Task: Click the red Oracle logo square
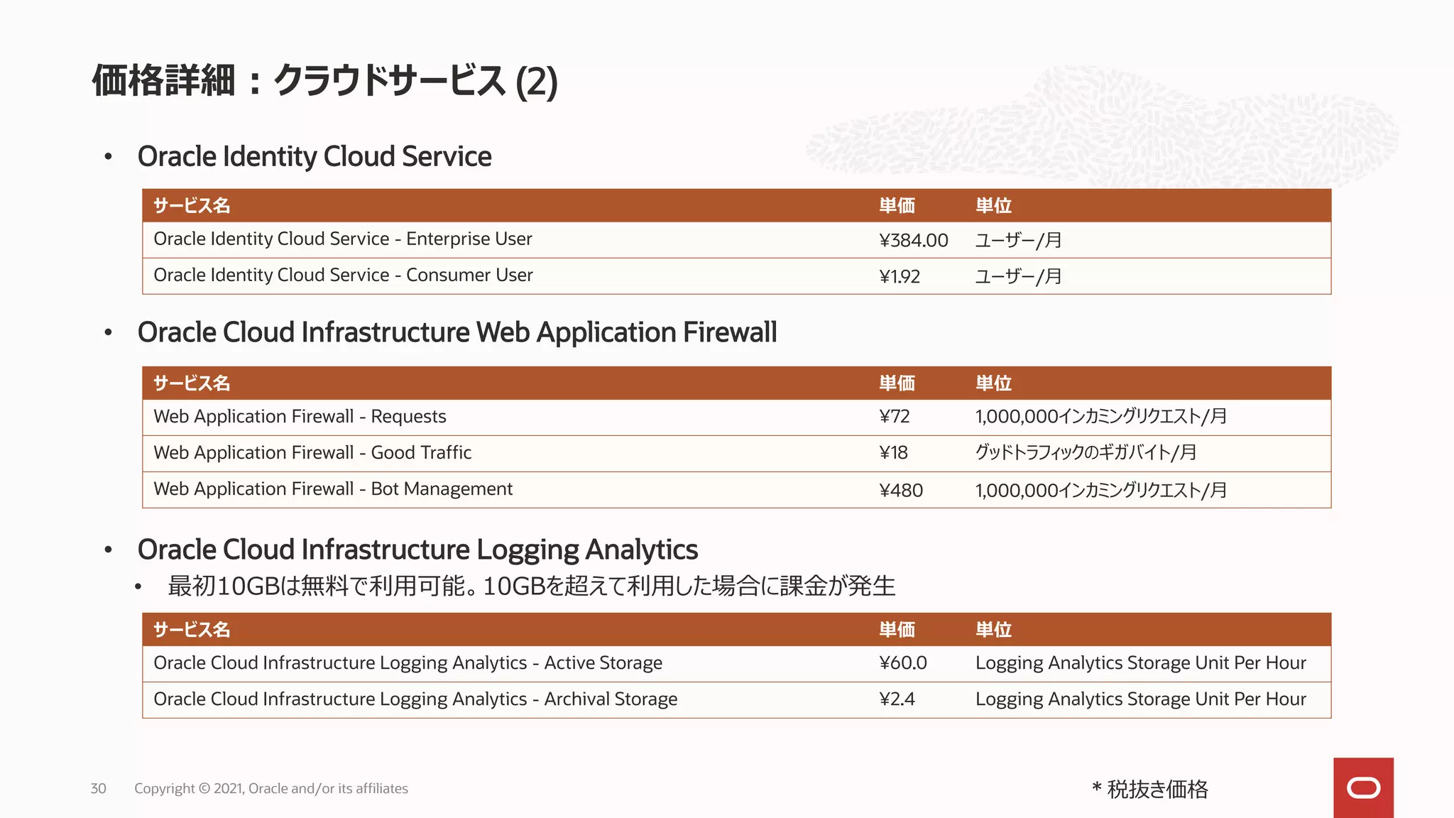[x=1363, y=787]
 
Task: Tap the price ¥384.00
[x=913, y=240]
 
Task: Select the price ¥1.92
[x=899, y=276]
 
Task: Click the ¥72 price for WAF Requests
[x=894, y=417]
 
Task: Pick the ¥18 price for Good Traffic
[x=893, y=453]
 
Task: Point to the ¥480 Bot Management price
[x=900, y=490]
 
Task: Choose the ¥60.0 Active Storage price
[x=902, y=663]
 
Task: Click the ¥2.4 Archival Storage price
[x=897, y=699]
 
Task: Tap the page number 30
[x=98, y=788]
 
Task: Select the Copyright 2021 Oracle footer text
[x=270, y=788]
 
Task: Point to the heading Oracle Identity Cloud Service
[x=315, y=156]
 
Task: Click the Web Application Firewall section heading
[x=457, y=332]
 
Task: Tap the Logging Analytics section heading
[x=417, y=550]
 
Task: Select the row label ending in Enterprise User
[x=342, y=239]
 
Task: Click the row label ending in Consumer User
[x=343, y=276]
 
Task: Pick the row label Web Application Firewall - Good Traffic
[x=312, y=453]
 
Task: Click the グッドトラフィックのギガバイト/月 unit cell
[x=1086, y=452]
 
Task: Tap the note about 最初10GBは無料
[x=531, y=586]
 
